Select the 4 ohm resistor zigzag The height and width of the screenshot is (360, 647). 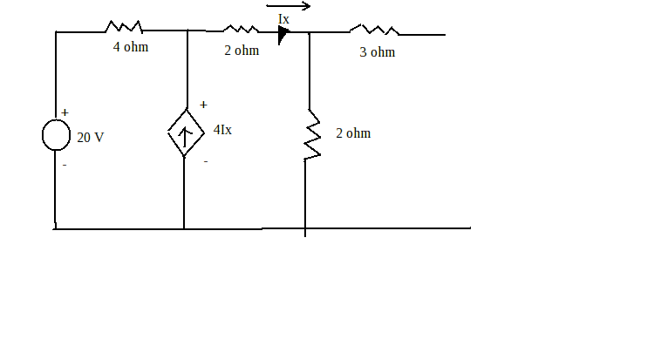[124, 27]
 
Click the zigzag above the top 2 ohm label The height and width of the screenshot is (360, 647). [241, 29]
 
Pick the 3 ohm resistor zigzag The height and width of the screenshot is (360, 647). [374, 30]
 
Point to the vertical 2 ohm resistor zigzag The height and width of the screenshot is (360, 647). [312, 135]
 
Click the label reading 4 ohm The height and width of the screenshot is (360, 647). [131, 47]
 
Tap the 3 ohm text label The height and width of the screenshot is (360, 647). [378, 52]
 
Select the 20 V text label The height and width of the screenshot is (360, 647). [91, 138]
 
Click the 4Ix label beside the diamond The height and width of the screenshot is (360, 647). [222, 130]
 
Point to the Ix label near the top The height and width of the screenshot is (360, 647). [283, 19]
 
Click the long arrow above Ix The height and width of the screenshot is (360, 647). [288, 6]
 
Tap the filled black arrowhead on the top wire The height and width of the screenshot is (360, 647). [283, 34]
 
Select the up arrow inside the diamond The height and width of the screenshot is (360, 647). [185, 138]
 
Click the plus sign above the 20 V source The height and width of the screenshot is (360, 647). [65, 112]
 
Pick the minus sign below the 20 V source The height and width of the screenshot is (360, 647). [65, 165]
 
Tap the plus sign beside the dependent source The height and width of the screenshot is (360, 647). [203, 105]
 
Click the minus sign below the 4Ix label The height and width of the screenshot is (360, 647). [206, 161]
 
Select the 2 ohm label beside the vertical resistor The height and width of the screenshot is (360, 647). [353, 133]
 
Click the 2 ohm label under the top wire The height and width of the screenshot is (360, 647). [242, 51]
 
